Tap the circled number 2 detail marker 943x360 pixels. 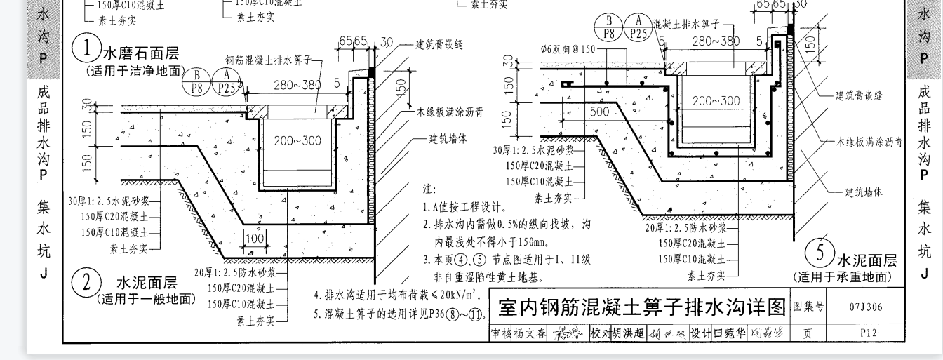pyautogui.click(x=87, y=284)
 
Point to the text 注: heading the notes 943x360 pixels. pyautogui.click(x=429, y=189)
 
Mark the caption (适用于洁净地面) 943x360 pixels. pyautogui.click(x=135, y=71)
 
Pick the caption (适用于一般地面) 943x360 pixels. pyautogui.click(x=145, y=299)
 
